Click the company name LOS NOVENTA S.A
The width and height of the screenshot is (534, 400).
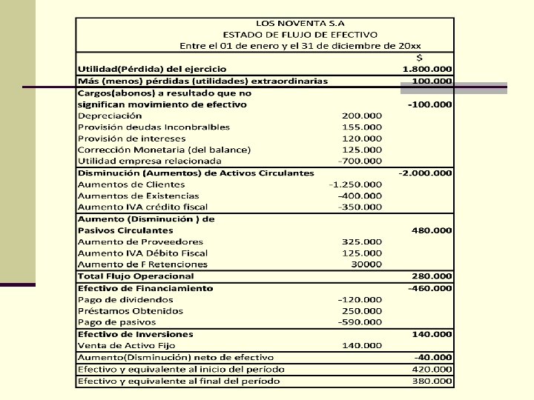point(300,22)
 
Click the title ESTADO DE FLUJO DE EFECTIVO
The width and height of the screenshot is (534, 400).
point(300,34)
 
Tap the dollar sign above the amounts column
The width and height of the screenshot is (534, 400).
point(421,58)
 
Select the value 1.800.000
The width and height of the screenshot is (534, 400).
point(427,69)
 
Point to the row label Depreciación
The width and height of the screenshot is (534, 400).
point(110,116)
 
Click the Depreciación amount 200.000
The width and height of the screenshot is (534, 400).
point(362,116)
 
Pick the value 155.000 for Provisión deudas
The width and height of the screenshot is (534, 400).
point(362,127)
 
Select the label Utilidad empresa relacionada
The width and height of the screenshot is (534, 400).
point(150,161)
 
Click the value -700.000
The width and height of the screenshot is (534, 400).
point(360,161)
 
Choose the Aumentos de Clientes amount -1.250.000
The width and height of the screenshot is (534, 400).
point(356,184)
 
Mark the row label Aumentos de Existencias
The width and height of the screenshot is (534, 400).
point(131,196)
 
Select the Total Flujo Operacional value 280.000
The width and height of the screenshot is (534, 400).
point(432,276)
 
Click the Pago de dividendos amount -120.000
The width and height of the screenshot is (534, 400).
point(360,299)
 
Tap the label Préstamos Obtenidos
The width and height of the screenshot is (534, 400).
point(131,311)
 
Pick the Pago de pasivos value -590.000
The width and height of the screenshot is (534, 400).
point(360,322)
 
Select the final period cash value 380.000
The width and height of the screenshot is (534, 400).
point(432,381)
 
